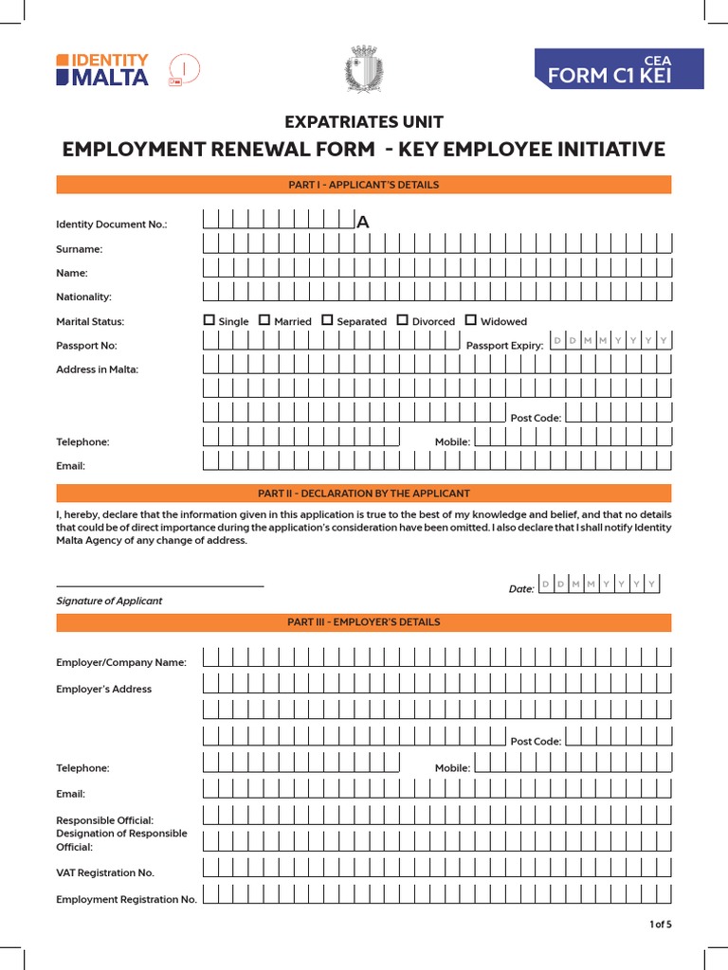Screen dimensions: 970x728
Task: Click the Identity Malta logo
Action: (x=102, y=70)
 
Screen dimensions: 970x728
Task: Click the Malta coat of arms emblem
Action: (x=363, y=70)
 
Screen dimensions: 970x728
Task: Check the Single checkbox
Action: (x=209, y=320)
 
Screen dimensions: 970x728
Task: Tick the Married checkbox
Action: (x=264, y=320)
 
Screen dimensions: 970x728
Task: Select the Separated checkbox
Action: (x=327, y=320)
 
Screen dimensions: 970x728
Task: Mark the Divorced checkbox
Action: (x=402, y=320)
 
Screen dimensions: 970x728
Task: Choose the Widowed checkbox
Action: (x=471, y=320)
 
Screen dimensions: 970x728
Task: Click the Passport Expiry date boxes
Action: (x=610, y=340)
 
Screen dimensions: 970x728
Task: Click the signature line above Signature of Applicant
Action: (x=159, y=586)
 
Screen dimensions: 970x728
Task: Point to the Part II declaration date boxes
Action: (x=598, y=584)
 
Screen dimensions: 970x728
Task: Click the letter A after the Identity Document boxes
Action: (x=362, y=223)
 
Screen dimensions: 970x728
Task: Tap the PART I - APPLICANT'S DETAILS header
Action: (x=363, y=185)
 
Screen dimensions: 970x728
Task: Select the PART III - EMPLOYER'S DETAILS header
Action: (x=363, y=622)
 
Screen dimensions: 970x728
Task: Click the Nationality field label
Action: (x=83, y=297)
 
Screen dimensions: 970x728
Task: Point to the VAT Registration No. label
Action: (x=105, y=872)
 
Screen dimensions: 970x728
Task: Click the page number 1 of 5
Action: (x=660, y=925)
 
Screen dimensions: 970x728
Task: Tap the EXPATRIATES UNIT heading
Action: (x=364, y=121)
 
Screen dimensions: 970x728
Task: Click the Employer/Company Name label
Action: (x=121, y=662)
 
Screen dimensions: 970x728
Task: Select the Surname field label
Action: (x=80, y=249)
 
